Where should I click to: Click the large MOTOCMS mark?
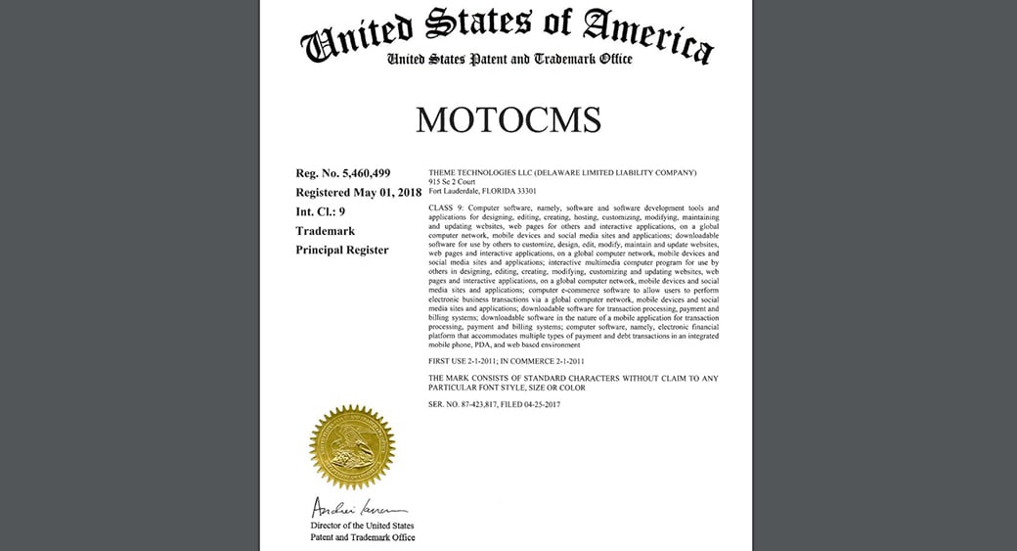(508, 119)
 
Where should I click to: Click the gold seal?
(352, 447)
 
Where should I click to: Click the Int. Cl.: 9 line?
(320, 211)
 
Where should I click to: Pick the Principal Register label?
(342, 250)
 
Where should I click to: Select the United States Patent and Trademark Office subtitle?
(509, 60)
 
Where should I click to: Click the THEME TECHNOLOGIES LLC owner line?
(562, 172)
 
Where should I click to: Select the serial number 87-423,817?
(494, 404)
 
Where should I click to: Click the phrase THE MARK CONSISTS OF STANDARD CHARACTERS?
(538, 378)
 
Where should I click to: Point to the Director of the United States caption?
(362, 526)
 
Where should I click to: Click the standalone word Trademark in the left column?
(325, 231)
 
